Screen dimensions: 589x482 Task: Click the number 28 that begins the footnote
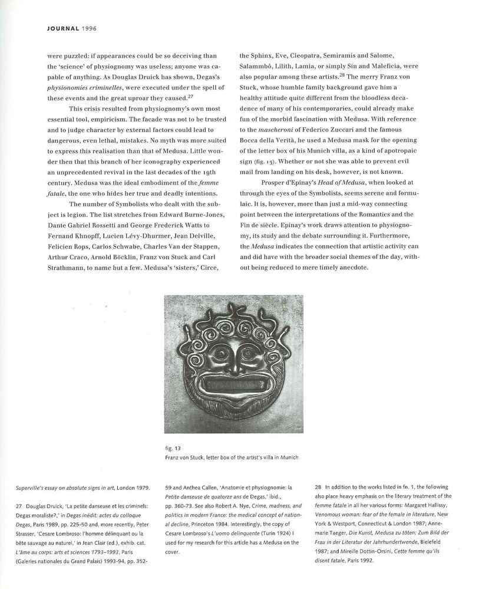(x=318, y=487)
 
